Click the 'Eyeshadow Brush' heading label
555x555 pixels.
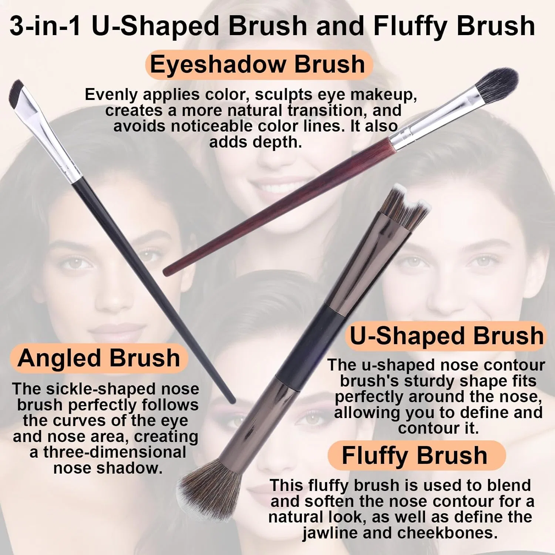pos(258,65)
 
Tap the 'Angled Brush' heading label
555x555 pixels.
pos(99,358)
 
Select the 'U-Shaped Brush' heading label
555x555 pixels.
pos(446,336)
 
